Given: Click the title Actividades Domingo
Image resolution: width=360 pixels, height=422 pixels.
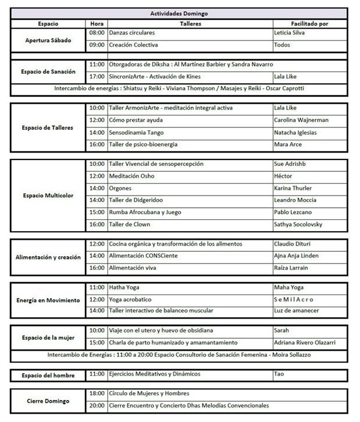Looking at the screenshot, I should coord(180,13).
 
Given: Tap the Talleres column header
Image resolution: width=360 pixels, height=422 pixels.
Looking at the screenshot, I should coord(190,24).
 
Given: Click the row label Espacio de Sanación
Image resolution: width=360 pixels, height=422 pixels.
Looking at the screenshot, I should coord(50,71).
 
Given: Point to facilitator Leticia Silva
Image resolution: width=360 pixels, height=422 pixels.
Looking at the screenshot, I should coord(293,33).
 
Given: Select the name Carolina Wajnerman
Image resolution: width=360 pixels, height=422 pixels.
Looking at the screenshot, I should coord(301,120).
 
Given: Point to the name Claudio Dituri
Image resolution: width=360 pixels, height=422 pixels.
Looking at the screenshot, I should coord(294,243).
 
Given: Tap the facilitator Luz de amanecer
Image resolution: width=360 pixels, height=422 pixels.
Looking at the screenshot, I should coord(297,311).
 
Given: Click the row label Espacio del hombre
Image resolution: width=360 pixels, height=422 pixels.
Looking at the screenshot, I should coord(49,375).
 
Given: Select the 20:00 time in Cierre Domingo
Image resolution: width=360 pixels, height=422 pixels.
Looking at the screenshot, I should coord(97,405).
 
